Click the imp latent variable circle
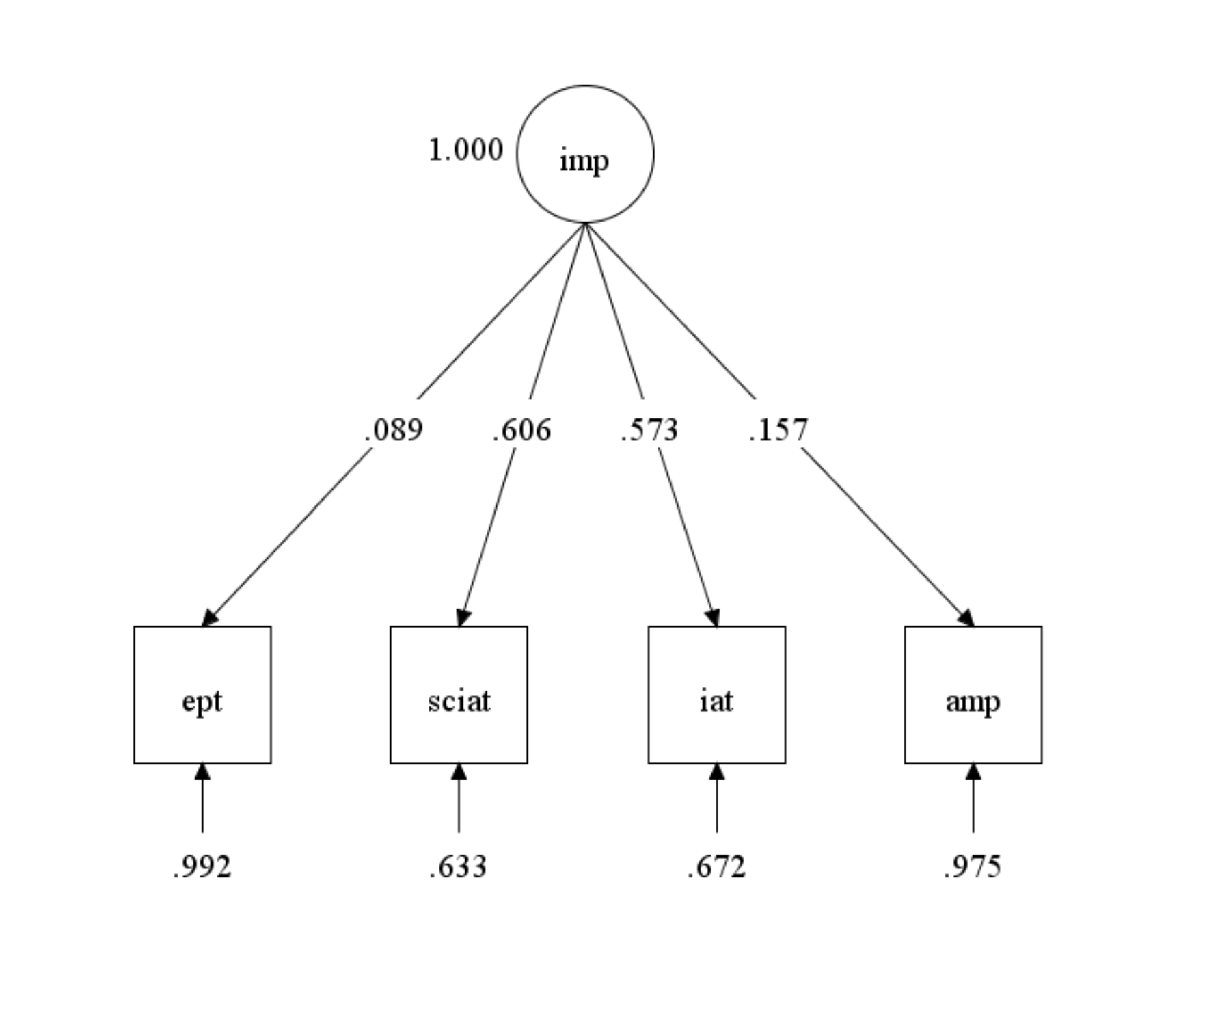coord(585,154)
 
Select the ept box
coord(202,695)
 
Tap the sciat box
coord(459,695)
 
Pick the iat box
coord(716,695)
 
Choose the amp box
coord(973,695)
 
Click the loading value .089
coord(394,430)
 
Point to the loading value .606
coord(521,430)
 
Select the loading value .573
coord(649,430)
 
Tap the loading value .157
coord(778,430)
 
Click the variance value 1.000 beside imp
coord(465,150)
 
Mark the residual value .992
coord(202,867)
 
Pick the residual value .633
coord(459,867)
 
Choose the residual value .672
coord(716,867)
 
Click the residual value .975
coord(973,867)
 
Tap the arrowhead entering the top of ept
coord(210,618)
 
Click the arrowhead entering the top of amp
coord(966,618)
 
